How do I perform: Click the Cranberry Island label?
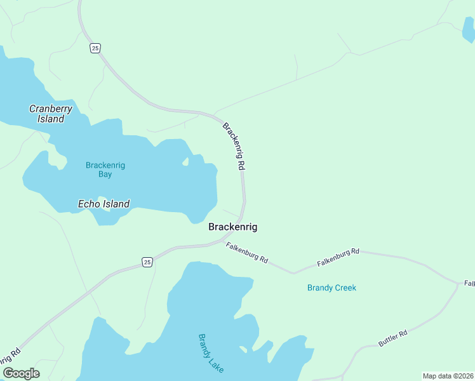point(51,114)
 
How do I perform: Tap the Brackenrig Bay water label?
point(105,170)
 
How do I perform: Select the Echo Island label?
point(104,204)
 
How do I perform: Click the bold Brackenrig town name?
point(233,227)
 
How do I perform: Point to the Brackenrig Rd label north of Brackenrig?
point(234,145)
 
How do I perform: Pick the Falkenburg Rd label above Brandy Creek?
point(338,257)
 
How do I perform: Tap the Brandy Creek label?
point(331,288)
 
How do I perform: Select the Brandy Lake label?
point(211,353)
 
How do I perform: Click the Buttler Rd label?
point(392,338)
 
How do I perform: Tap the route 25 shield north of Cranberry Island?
point(95,48)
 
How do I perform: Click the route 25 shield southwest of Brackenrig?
point(147,262)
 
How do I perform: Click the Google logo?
point(21,373)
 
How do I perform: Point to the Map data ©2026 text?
point(448,376)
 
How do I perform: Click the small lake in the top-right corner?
point(469,30)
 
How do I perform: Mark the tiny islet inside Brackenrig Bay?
point(185,163)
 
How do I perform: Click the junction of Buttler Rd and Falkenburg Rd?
point(458,284)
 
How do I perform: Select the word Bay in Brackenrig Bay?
point(105,174)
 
